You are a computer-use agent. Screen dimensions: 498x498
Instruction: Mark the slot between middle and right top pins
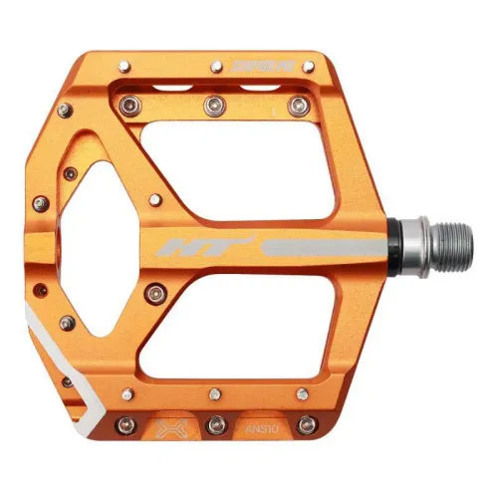coord(253,100)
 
